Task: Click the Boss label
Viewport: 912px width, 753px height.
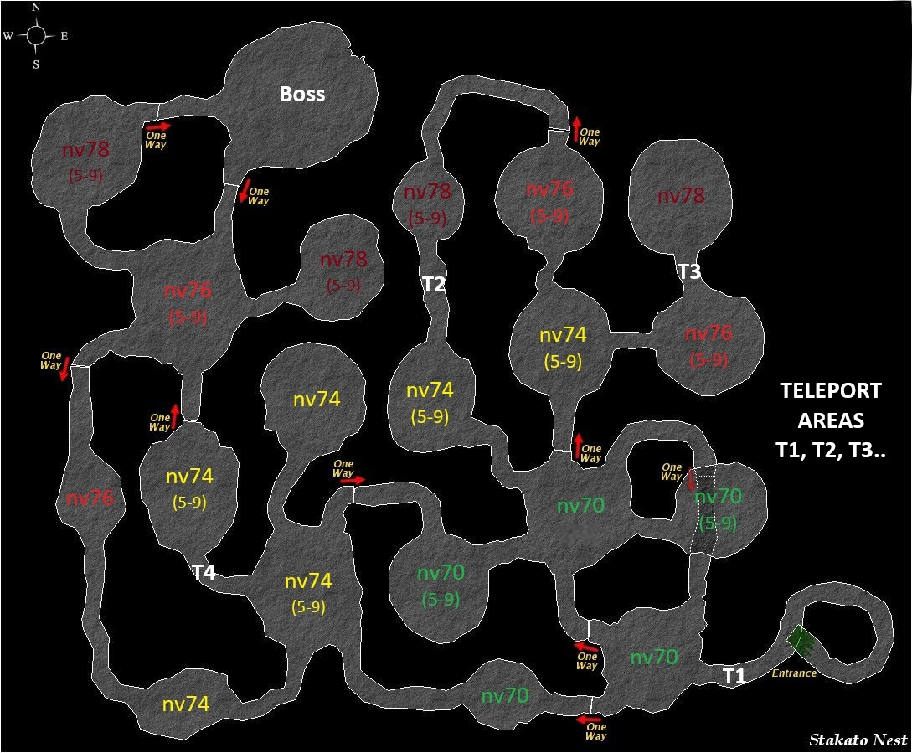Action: [x=301, y=95]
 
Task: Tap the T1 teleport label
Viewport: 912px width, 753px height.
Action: [x=734, y=676]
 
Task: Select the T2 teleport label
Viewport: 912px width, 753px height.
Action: [x=433, y=284]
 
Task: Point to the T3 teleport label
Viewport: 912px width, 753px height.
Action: [x=689, y=271]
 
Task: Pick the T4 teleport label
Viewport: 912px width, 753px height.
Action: [x=204, y=573]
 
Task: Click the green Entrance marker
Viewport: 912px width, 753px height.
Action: [x=801, y=641]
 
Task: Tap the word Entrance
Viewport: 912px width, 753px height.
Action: [x=794, y=673]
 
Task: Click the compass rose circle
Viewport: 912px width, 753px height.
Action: [x=35, y=35]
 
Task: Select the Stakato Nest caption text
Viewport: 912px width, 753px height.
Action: [x=858, y=740]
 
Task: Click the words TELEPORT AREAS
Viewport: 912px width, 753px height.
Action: [x=831, y=405]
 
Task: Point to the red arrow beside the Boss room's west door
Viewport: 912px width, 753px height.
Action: [x=158, y=125]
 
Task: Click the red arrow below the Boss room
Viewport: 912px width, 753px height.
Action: [x=244, y=190]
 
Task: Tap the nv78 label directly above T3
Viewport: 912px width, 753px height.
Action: [x=681, y=195]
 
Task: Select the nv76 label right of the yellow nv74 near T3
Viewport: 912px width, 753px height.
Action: [x=708, y=333]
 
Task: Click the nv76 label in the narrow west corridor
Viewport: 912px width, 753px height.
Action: [x=90, y=498]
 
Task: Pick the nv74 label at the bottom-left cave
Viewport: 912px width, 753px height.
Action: [x=186, y=704]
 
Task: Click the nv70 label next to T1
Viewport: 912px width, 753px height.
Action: [x=654, y=657]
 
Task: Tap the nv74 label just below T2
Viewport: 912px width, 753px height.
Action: [x=430, y=389]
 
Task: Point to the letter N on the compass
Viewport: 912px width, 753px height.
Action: [x=36, y=7]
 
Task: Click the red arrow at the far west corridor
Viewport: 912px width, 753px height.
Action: [x=65, y=369]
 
